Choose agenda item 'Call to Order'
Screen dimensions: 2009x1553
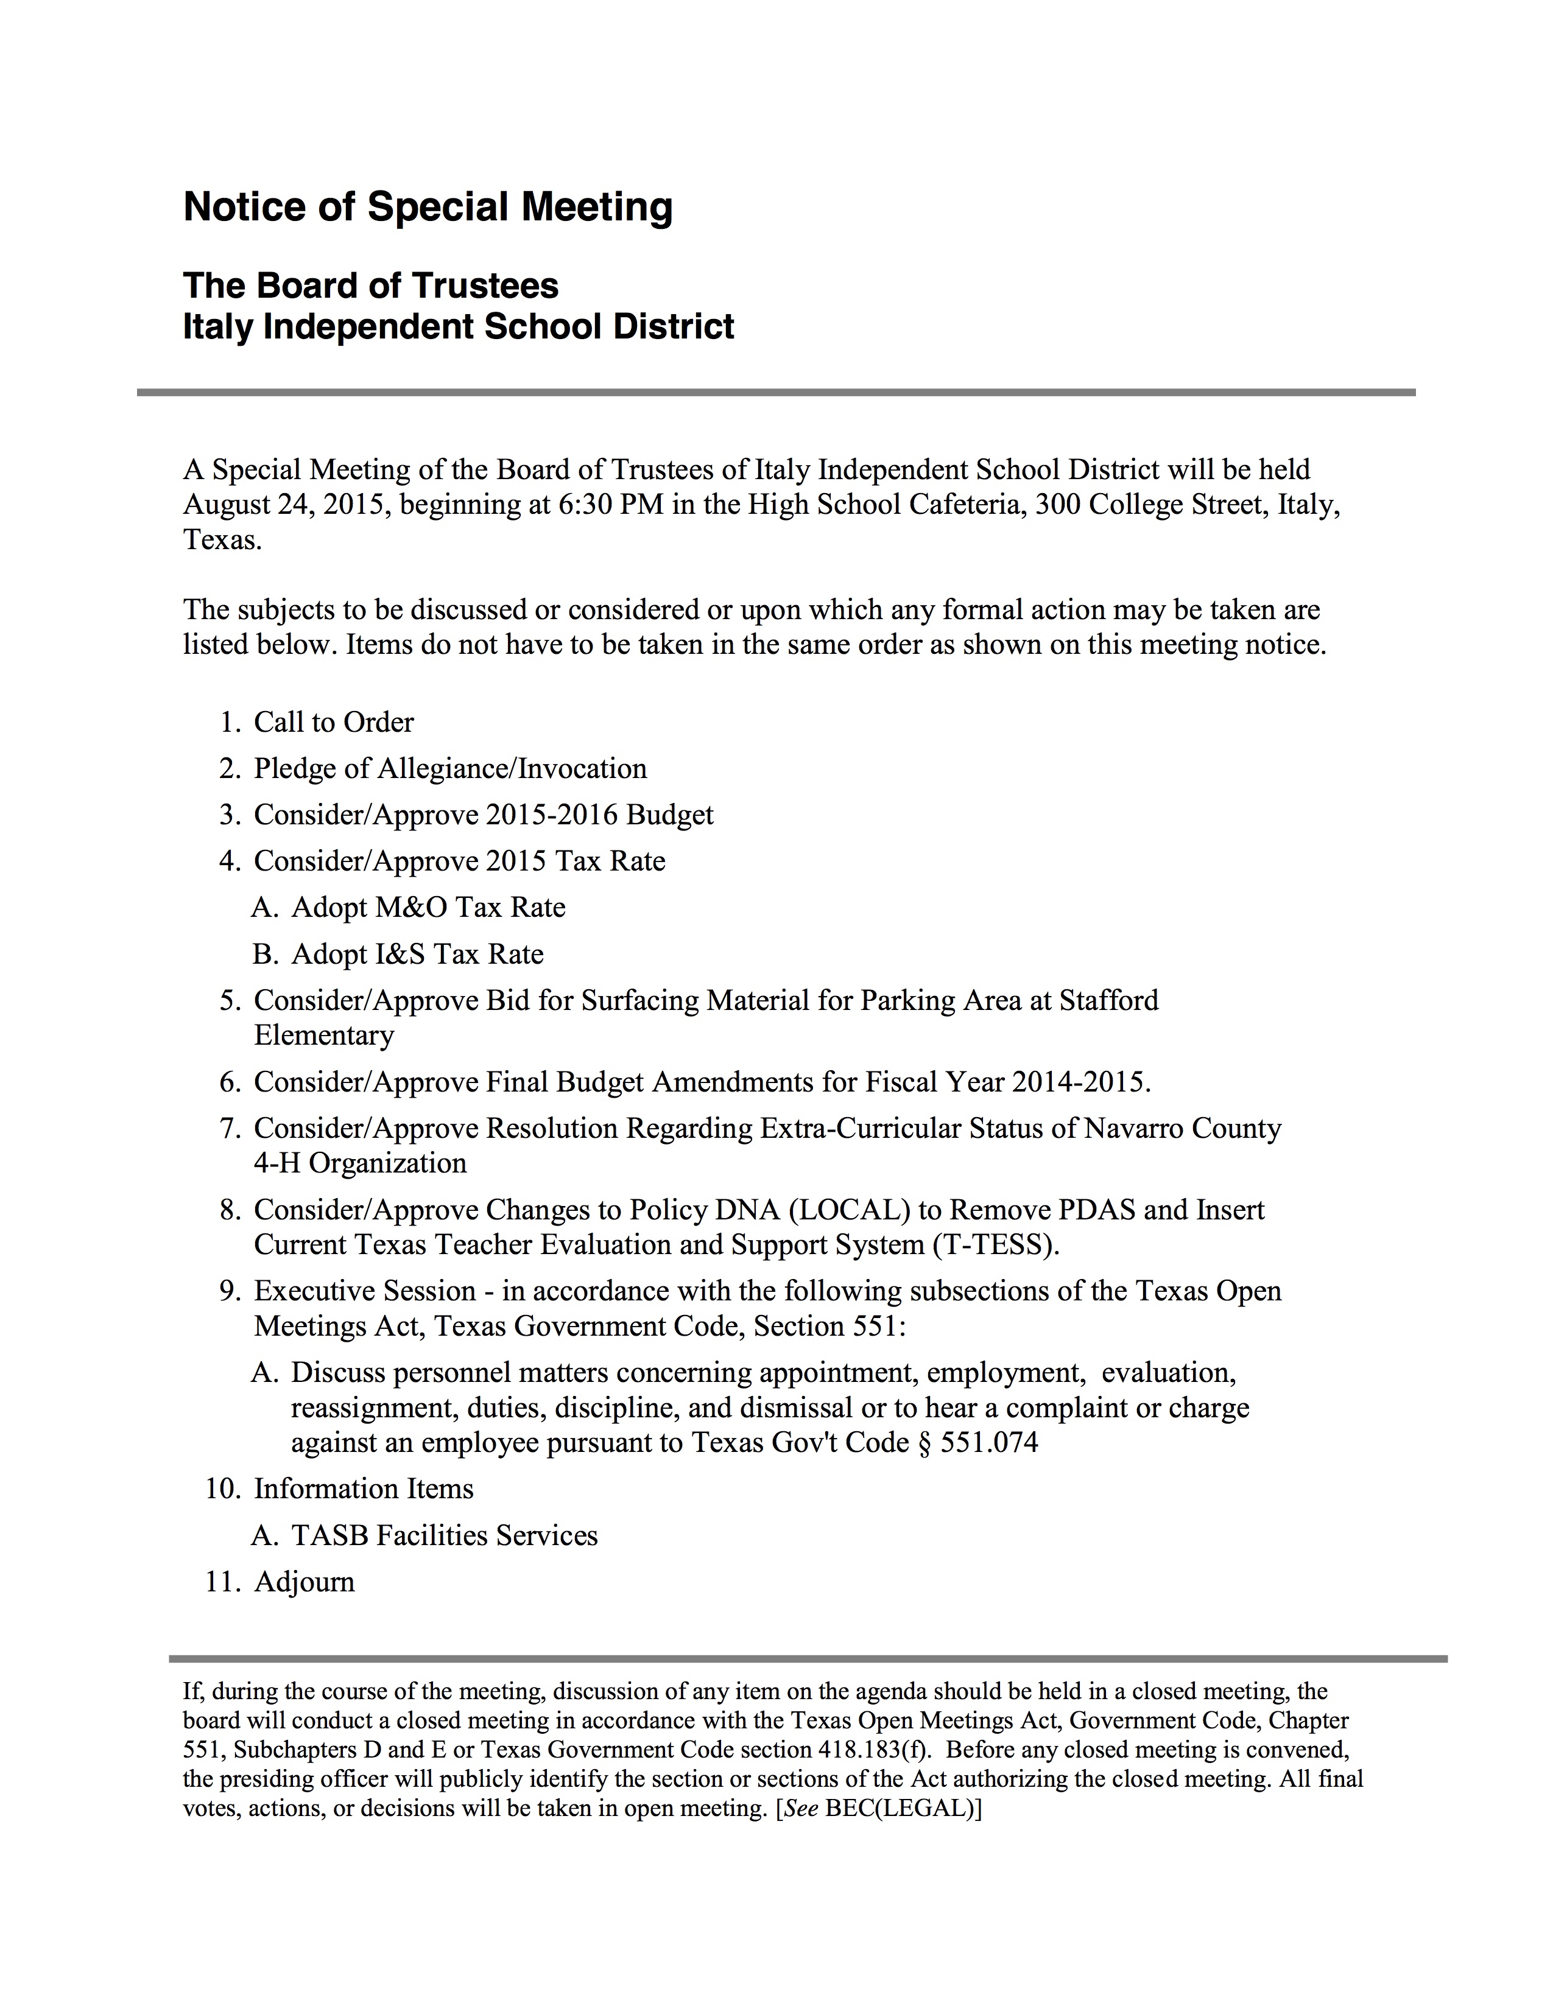pyautogui.click(x=333, y=722)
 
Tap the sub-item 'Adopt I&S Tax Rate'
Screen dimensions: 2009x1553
pyautogui.click(x=417, y=954)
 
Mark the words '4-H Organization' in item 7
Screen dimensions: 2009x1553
pyautogui.click(x=360, y=1163)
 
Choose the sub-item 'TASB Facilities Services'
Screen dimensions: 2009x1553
pyautogui.click(x=445, y=1535)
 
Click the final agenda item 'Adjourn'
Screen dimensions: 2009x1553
pyautogui.click(x=304, y=1582)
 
